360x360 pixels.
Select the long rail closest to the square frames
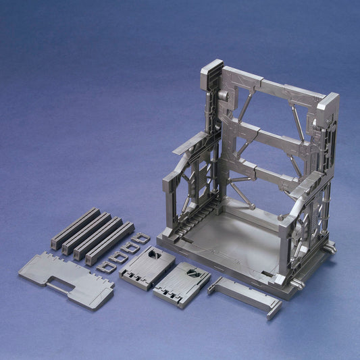[110, 242]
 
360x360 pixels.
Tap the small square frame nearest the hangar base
[141, 238]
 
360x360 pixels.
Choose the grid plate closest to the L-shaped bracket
[181, 284]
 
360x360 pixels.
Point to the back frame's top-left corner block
[212, 70]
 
